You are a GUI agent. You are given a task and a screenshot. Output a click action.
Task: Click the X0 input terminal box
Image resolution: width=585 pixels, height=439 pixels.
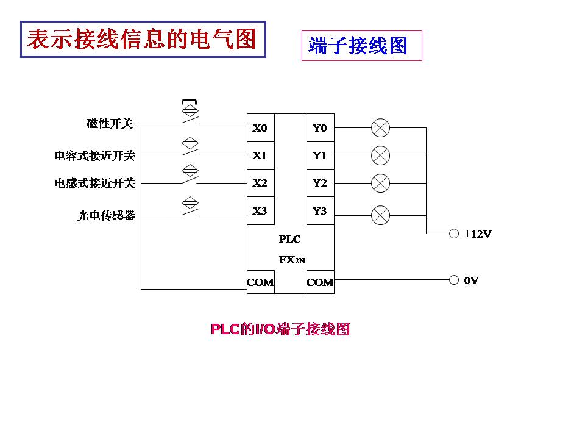(260, 128)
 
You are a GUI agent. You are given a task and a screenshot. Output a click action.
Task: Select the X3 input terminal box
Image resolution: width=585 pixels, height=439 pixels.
(260, 211)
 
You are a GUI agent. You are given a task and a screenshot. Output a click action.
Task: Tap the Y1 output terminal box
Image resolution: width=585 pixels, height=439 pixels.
(320, 155)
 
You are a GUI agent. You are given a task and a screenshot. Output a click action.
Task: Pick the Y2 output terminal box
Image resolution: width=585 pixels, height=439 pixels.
(320, 183)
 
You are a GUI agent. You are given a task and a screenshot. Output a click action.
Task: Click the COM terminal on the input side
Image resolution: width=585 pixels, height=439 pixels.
(260, 282)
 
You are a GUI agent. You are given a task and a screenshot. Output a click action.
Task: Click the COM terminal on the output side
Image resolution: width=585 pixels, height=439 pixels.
(320, 282)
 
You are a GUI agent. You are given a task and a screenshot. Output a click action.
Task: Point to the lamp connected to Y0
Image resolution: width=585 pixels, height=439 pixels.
(381, 128)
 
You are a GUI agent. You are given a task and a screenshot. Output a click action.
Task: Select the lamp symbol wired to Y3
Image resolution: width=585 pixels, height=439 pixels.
(381, 215)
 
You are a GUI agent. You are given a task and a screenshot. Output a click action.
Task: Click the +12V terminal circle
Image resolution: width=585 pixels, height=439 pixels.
(453, 234)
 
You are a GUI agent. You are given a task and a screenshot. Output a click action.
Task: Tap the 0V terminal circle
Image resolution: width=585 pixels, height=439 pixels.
(453, 280)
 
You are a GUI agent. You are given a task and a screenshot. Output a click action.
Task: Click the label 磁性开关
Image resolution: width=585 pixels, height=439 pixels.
(110, 124)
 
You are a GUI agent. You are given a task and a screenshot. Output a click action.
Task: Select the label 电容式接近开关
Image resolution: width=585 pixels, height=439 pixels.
(95, 156)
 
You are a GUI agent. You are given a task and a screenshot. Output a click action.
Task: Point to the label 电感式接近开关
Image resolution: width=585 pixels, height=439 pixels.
(95, 183)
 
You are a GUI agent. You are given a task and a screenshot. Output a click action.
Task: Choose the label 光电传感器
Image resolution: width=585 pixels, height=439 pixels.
(107, 215)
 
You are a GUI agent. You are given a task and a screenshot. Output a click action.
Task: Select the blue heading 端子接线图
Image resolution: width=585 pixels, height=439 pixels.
(358, 46)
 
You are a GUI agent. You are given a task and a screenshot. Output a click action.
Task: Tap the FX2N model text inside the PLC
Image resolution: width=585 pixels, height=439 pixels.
(292, 259)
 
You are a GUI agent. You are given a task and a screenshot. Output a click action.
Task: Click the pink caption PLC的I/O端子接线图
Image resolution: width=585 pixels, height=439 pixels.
(280, 329)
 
